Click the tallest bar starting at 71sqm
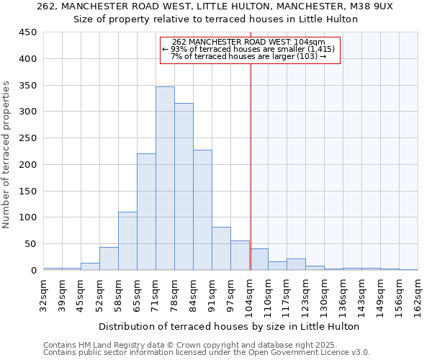pyautogui.click(x=165, y=179)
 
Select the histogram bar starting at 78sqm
pyautogui.click(x=184, y=186)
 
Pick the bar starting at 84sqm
pyautogui.click(x=202, y=210)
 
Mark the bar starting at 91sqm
pyautogui.click(x=221, y=248)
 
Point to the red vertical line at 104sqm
pyautogui.click(x=251, y=166)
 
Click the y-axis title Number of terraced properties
pyautogui.click(x=7, y=155)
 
